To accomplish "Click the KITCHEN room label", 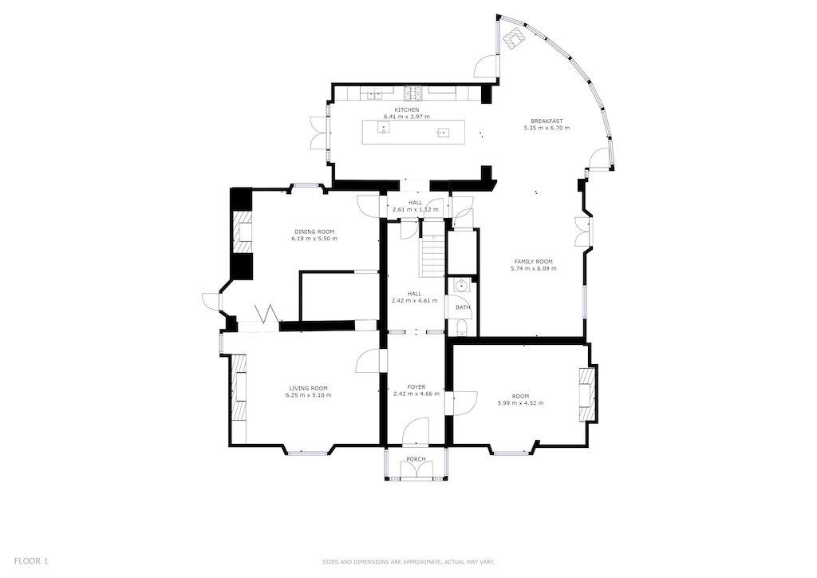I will (x=407, y=109).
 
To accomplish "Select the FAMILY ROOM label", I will (x=533, y=262).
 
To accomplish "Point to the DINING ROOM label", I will (x=314, y=232).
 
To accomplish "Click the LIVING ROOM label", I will (x=308, y=388).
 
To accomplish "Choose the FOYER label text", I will (x=415, y=386).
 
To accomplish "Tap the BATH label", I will (x=463, y=307).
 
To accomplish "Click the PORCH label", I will (x=416, y=459).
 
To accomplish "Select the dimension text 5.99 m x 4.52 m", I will (x=520, y=403).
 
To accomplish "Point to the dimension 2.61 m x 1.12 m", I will (x=415, y=209).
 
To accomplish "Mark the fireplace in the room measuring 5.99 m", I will (x=588, y=393).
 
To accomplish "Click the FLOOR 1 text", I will (x=31, y=561).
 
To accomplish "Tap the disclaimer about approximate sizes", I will (x=408, y=562).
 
